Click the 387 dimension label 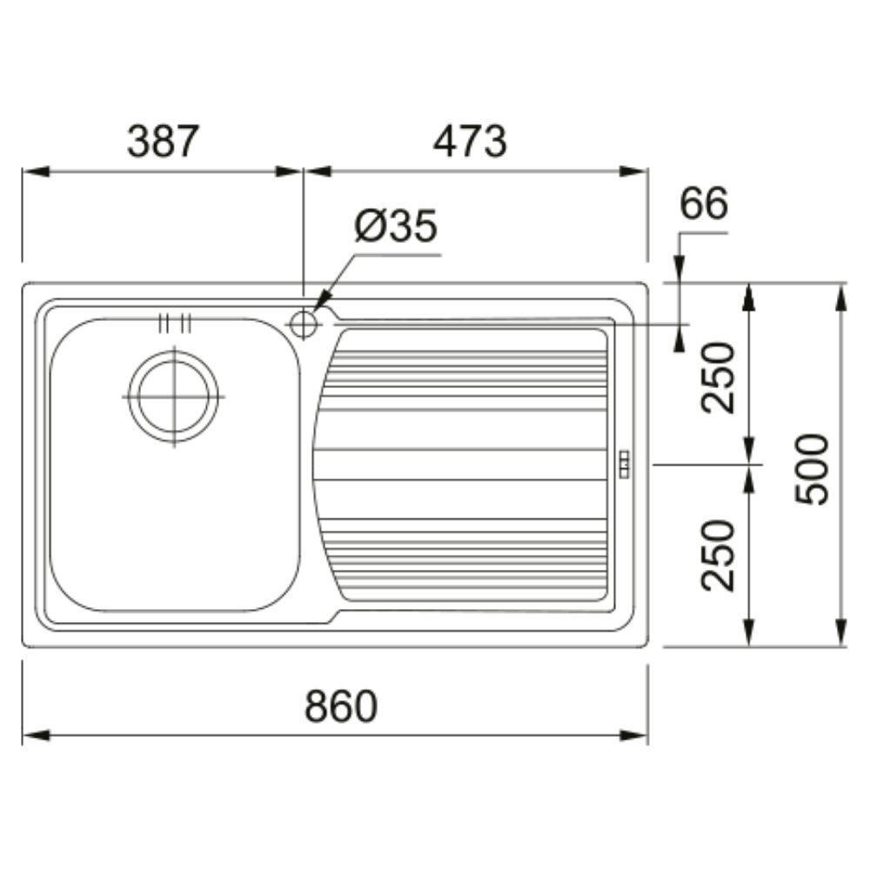(x=163, y=141)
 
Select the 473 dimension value (x=470, y=141)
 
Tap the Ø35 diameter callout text (x=396, y=226)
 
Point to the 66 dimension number (x=704, y=203)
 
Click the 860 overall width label (x=341, y=706)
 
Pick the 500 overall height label (x=812, y=469)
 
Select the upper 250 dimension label (x=718, y=378)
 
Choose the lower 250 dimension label (x=718, y=555)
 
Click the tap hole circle (x=304, y=324)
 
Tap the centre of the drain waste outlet (x=174, y=397)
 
